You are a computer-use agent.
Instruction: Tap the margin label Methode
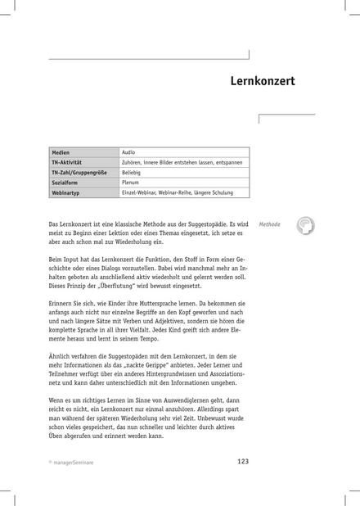click(x=269, y=224)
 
